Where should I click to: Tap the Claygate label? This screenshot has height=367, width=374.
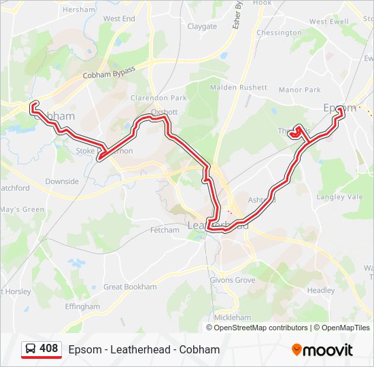click(x=202, y=27)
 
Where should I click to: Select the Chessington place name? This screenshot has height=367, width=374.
click(x=279, y=33)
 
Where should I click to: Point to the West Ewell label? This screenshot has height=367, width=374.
click(x=328, y=22)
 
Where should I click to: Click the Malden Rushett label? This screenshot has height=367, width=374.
click(x=239, y=88)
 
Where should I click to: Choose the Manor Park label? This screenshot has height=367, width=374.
click(x=299, y=90)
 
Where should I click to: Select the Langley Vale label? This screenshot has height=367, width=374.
click(x=339, y=197)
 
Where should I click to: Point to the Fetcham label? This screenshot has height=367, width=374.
click(x=165, y=230)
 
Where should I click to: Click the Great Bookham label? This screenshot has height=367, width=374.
click(x=130, y=287)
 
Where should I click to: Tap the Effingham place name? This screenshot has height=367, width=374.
click(x=82, y=307)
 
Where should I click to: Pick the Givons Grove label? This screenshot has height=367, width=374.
click(x=233, y=280)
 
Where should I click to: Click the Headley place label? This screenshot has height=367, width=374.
click(x=321, y=290)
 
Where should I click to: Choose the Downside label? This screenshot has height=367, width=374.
click(x=62, y=181)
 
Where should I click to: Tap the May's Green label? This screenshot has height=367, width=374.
click(x=22, y=209)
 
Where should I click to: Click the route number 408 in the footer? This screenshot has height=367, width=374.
click(x=49, y=349)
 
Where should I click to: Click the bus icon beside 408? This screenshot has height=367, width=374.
click(x=31, y=349)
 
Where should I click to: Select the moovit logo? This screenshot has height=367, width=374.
click(x=322, y=350)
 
